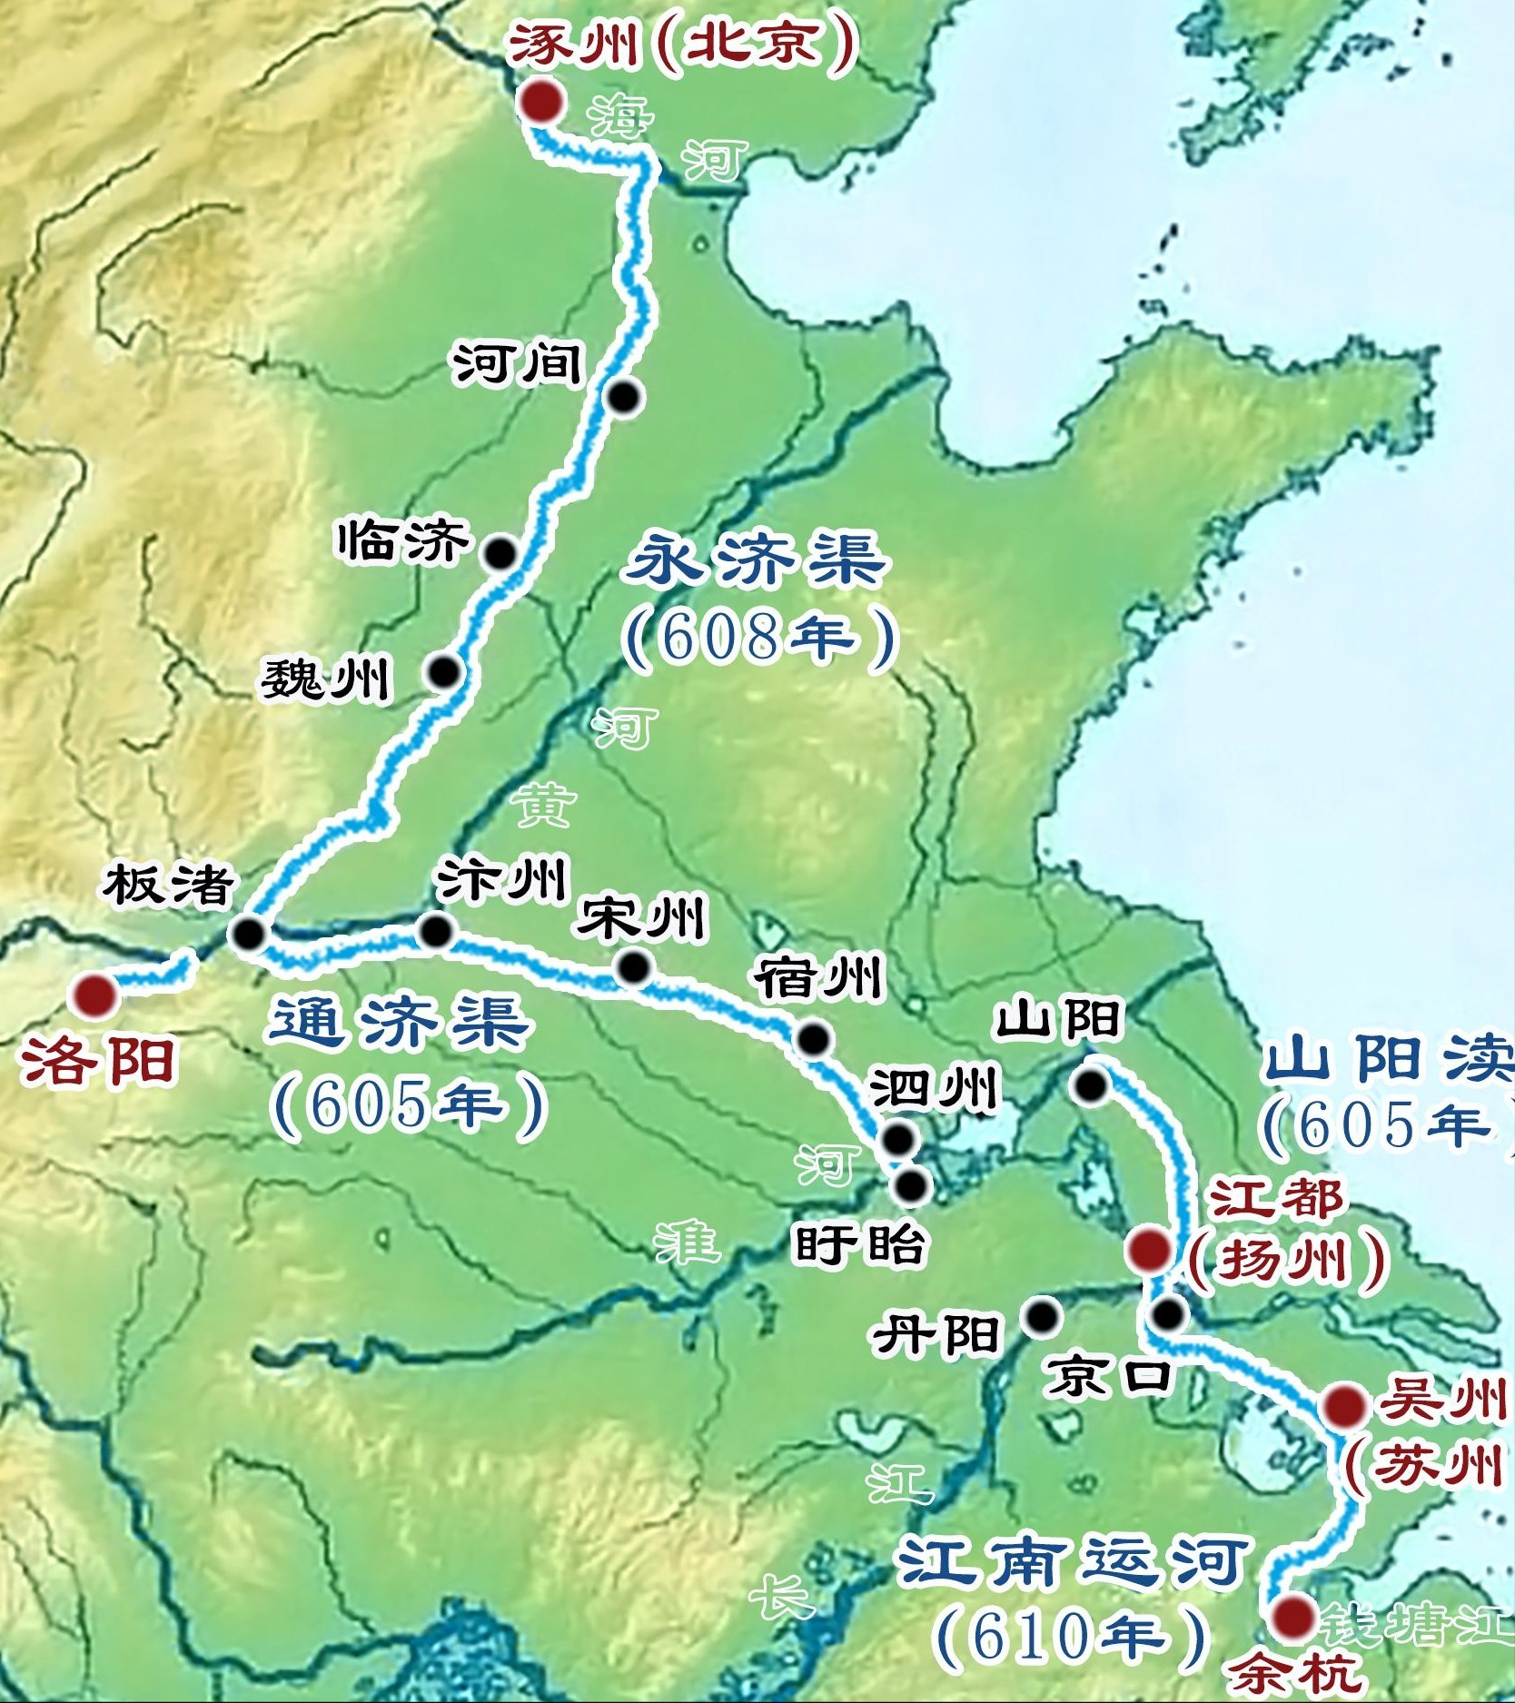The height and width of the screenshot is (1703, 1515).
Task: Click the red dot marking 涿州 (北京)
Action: pyautogui.click(x=544, y=102)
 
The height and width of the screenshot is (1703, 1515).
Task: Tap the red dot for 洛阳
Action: pyautogui.click(x=95, y=995)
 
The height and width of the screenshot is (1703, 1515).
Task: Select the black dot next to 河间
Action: pyautogui.click(x=624, y=397)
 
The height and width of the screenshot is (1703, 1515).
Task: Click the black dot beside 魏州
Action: pyautogui.click(x=445, y=671)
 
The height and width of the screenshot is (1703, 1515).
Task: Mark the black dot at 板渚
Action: pyautogui.click(x=247, y=933)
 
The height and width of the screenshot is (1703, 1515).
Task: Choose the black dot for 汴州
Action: pyautogui.click(x=436, y=930)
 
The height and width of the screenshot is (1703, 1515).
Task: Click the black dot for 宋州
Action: pyautogui.click(x=633, y=967)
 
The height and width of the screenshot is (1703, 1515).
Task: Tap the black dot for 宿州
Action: pyautogui.click(x=813, y=1037)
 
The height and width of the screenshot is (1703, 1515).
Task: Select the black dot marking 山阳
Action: pyautogui.click(x=1090, y=1084)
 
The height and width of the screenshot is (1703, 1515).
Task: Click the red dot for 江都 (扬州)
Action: pyautogui.click(x=1148, y=1250)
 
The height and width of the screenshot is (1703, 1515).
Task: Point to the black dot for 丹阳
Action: pyautogui.click(x=1042, y=1315)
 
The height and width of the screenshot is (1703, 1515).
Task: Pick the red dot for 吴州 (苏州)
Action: pyautogui.click(x=1344, y=1407)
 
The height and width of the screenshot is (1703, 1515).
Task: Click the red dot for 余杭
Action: pyautogui.click(x=1293, y=1617)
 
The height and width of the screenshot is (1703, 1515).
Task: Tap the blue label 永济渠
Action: pyautogui.click(x=757, y=560)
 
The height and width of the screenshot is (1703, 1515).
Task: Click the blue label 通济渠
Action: pyautogui.click(x=400, y=1022)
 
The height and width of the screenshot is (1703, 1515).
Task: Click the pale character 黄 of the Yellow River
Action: pyautogui.click(x=546, y=806)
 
